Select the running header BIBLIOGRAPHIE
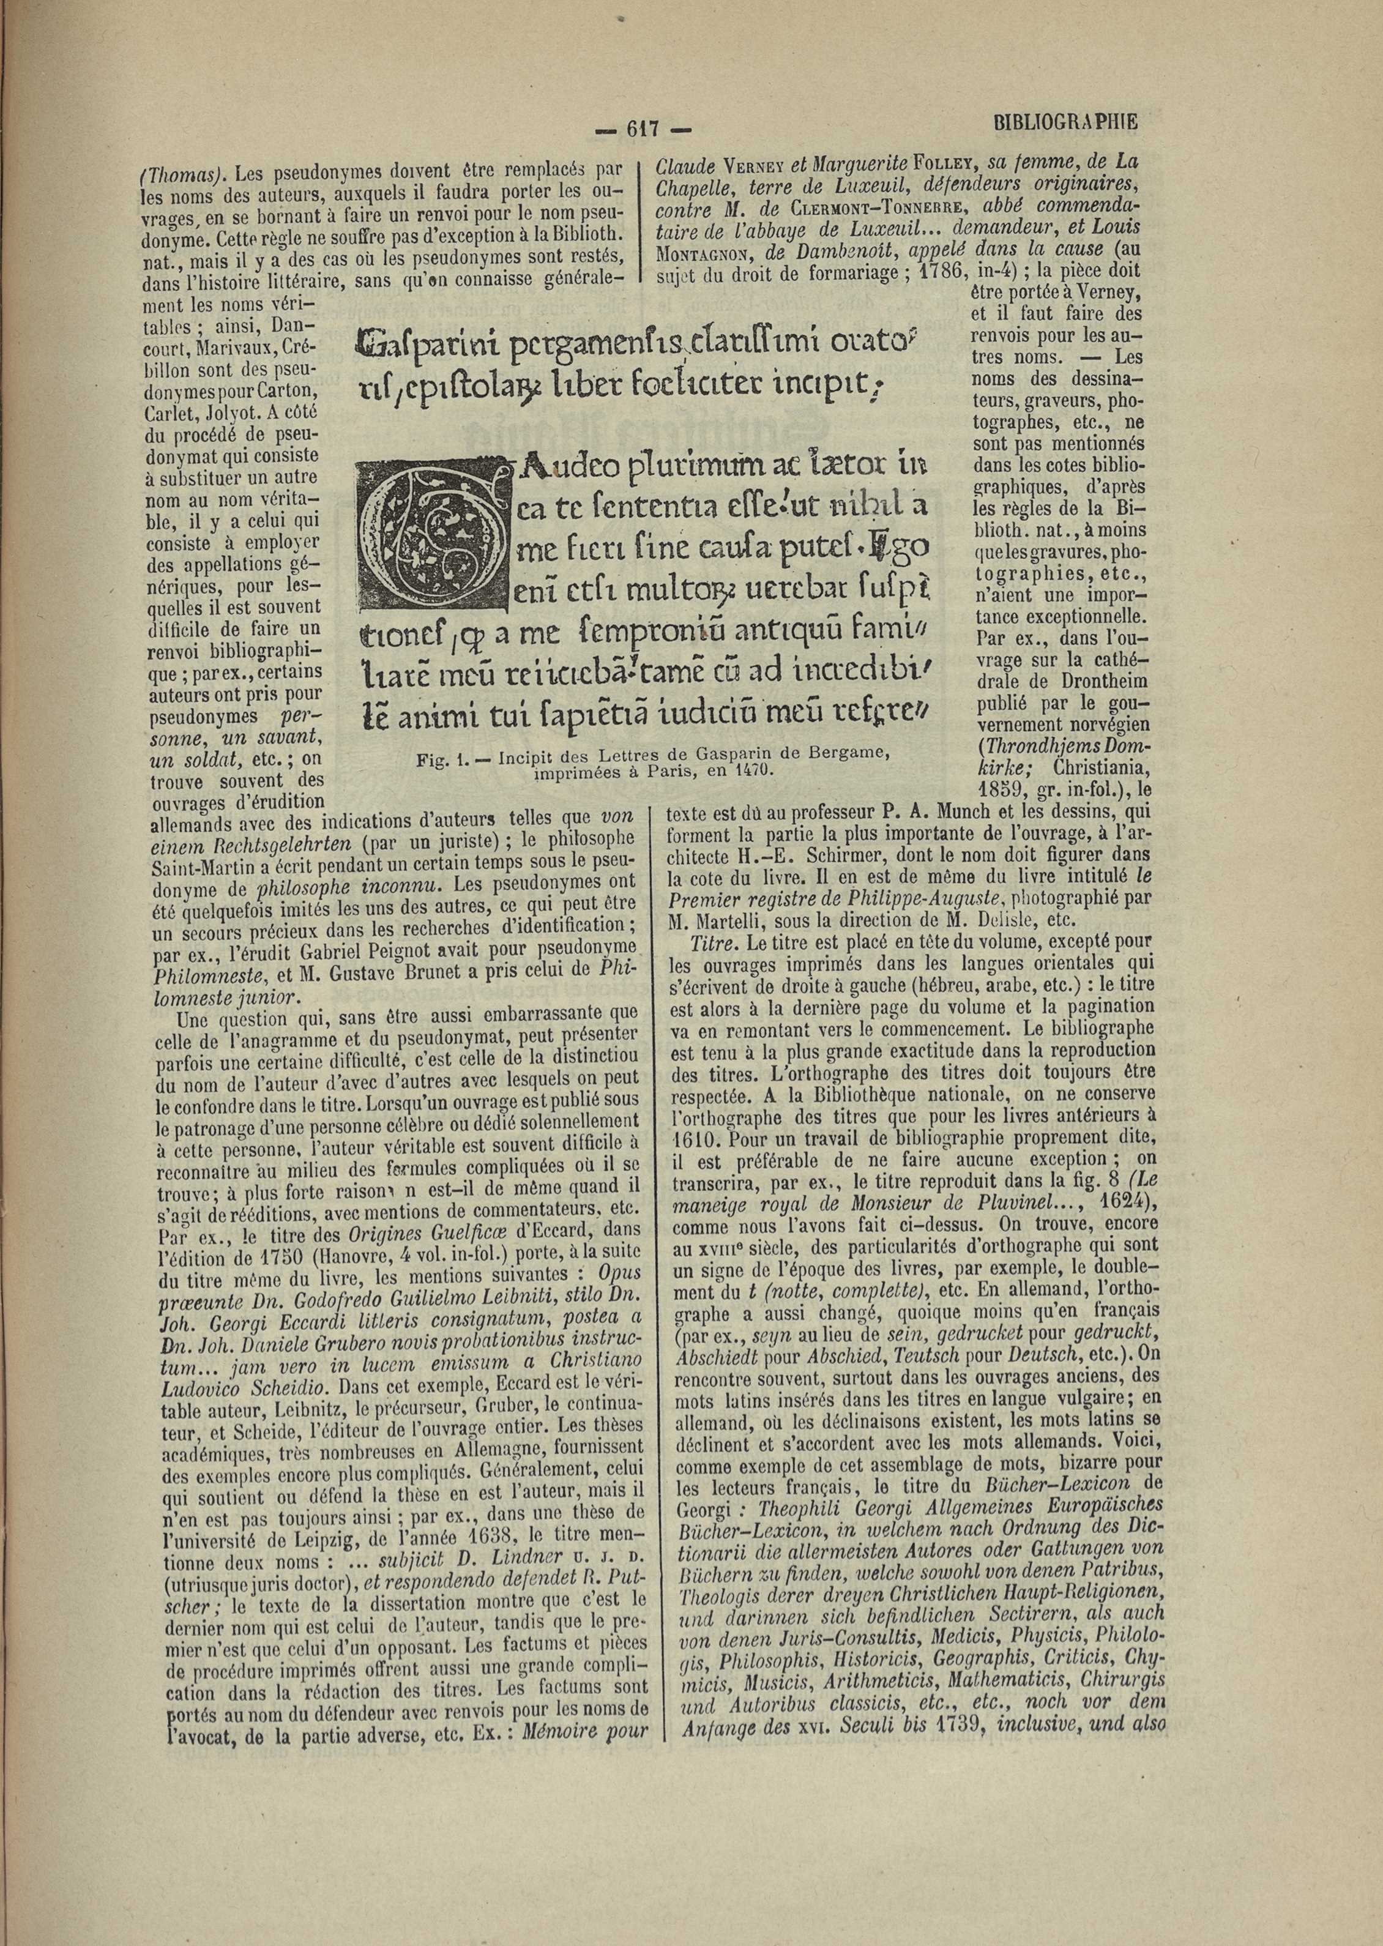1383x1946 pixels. [x=1065, y=122]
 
